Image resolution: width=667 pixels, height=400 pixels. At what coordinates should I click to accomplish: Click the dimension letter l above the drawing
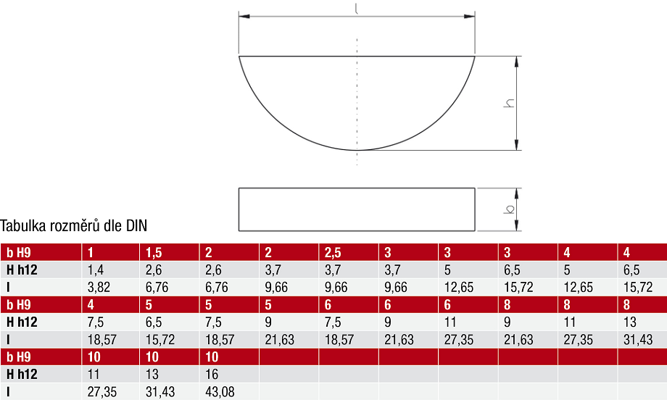click(x=357, y=9)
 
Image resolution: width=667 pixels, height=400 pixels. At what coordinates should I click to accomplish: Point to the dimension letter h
click(x=509, y=103)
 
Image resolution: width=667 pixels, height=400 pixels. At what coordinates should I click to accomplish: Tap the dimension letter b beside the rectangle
click(x=509, y=209)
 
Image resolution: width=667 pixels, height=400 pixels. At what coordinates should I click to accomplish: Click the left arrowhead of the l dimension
click(x=244, y=17)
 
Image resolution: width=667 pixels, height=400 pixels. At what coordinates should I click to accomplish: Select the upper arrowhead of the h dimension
click(x=516, y=62)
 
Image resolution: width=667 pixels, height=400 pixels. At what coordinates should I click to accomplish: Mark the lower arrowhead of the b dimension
click(x=516, y=225)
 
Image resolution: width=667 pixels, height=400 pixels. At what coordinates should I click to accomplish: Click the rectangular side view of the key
click(x=357, y=209)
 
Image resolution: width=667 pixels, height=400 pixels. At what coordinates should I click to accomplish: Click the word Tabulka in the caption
click(x=23, y=225)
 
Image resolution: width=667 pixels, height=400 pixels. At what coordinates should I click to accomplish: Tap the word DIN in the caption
click(x=136, y=225)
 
